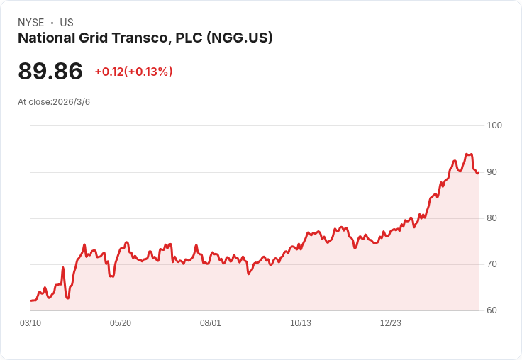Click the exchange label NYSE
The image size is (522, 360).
[x=31, y=23]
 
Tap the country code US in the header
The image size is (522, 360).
[x=67, y=23]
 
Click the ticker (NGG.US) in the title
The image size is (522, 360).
[x=240, y=38]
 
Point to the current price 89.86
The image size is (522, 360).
[x=50, y=72]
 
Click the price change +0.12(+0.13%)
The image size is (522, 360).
[x=133, y=72]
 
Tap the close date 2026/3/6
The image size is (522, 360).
[x=72, y=102]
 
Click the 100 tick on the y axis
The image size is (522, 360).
[x=494, y=125]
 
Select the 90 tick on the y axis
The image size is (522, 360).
[x=492, y=172]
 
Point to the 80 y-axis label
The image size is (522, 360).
[x=492, y=218]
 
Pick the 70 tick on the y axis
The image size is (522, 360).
[x=492, y=264]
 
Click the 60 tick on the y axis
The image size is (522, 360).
[x=492, y=310]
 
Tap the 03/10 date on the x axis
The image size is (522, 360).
[x=30, y=323]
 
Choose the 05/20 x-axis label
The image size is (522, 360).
[x=121, y=323]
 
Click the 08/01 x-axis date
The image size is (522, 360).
[x=211, y=323]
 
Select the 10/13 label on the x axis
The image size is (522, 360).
[x=301, y=323]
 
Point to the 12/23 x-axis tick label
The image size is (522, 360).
[x=391, y=323]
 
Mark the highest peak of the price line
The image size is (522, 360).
[x=467, y=154]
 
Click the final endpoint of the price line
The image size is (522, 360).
[x=478, y=173]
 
